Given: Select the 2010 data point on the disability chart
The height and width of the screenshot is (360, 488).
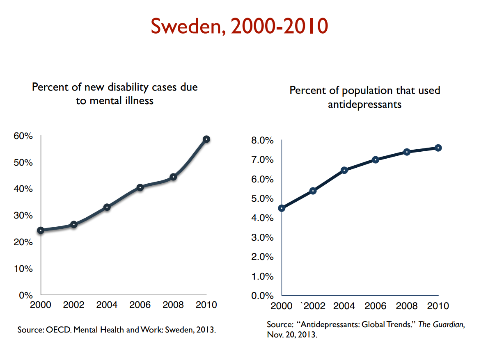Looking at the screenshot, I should tap(206, 139).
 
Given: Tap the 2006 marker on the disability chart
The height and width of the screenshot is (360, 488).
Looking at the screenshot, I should tap(140, 187).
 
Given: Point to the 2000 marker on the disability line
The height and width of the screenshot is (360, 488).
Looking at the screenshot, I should tap(41, 230).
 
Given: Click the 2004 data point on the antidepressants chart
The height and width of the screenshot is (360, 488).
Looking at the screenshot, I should tap(344, 170).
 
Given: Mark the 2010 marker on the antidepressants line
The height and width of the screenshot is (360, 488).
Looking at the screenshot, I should tap(438, 148).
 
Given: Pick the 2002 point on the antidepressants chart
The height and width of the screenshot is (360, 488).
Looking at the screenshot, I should tap(313, 191).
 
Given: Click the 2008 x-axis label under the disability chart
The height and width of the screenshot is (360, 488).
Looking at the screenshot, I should tap(173, 305).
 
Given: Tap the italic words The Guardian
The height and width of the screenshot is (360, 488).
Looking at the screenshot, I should tap(442, 324).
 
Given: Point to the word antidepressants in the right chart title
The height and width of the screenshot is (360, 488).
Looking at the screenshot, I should tap(364, 105).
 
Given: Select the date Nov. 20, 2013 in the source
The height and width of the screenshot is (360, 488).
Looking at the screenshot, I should tap(292, 334).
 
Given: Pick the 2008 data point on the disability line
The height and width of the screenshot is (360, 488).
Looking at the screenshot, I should tap(173, 177).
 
